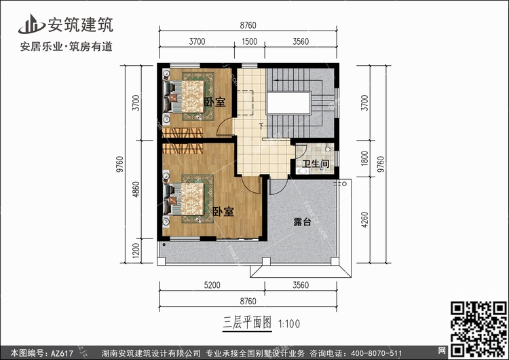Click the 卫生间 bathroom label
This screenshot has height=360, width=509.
coord(316,164)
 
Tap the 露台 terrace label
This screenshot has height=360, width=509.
coord(302,222)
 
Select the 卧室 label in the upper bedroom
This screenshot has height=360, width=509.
coord(214,102)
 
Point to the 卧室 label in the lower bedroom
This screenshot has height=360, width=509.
coord(223,211)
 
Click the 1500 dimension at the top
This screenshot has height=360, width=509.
coord(249,41)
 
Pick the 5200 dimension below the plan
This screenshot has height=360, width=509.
coord(212,285)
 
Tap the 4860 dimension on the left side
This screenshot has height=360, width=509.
coord(136,189)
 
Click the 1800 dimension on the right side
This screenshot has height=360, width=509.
coord(365,158)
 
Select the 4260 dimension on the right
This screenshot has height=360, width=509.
coord(365,219)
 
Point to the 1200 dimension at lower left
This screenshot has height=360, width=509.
coord(136,251)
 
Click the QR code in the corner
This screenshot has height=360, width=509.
coord(478,329)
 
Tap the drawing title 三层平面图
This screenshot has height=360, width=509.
coord(247,323)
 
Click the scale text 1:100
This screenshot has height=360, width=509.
coord(289,324)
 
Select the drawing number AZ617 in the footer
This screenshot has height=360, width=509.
coord(62,353)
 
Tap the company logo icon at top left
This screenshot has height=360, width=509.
coord(31,24)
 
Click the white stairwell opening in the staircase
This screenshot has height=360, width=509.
coord(288,103)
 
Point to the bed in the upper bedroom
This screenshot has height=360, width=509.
coord(185,96)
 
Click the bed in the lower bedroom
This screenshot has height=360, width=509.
coord(185,199)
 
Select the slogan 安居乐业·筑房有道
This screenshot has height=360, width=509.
coord(67,46)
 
